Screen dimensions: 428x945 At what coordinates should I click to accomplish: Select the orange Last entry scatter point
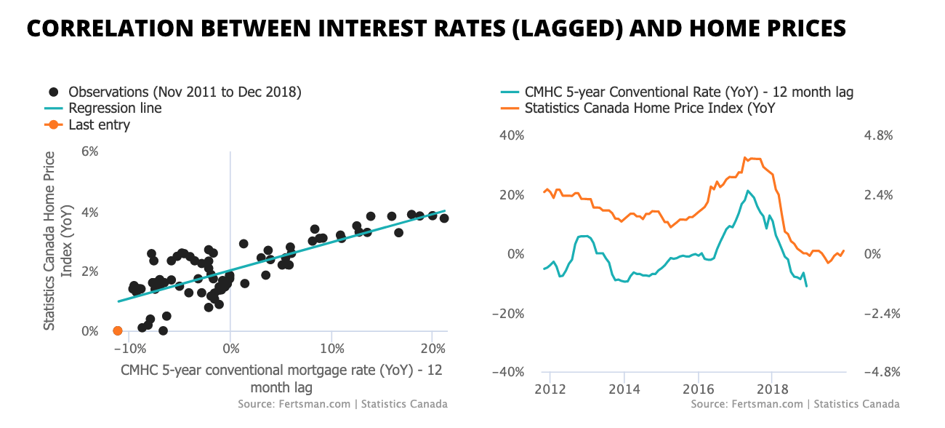(118, 331)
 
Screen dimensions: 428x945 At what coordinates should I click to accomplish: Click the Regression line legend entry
(115, 108)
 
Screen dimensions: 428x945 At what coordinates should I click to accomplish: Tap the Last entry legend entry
(99, 125)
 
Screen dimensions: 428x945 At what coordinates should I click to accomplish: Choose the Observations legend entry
(184, 92)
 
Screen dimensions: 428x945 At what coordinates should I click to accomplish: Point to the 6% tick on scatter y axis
(89, 151)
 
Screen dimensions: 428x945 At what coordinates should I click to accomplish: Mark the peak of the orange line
(746, 157)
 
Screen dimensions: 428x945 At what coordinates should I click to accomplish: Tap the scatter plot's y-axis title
(57, 241)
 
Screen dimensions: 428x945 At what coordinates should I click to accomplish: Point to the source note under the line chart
(795, 404)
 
